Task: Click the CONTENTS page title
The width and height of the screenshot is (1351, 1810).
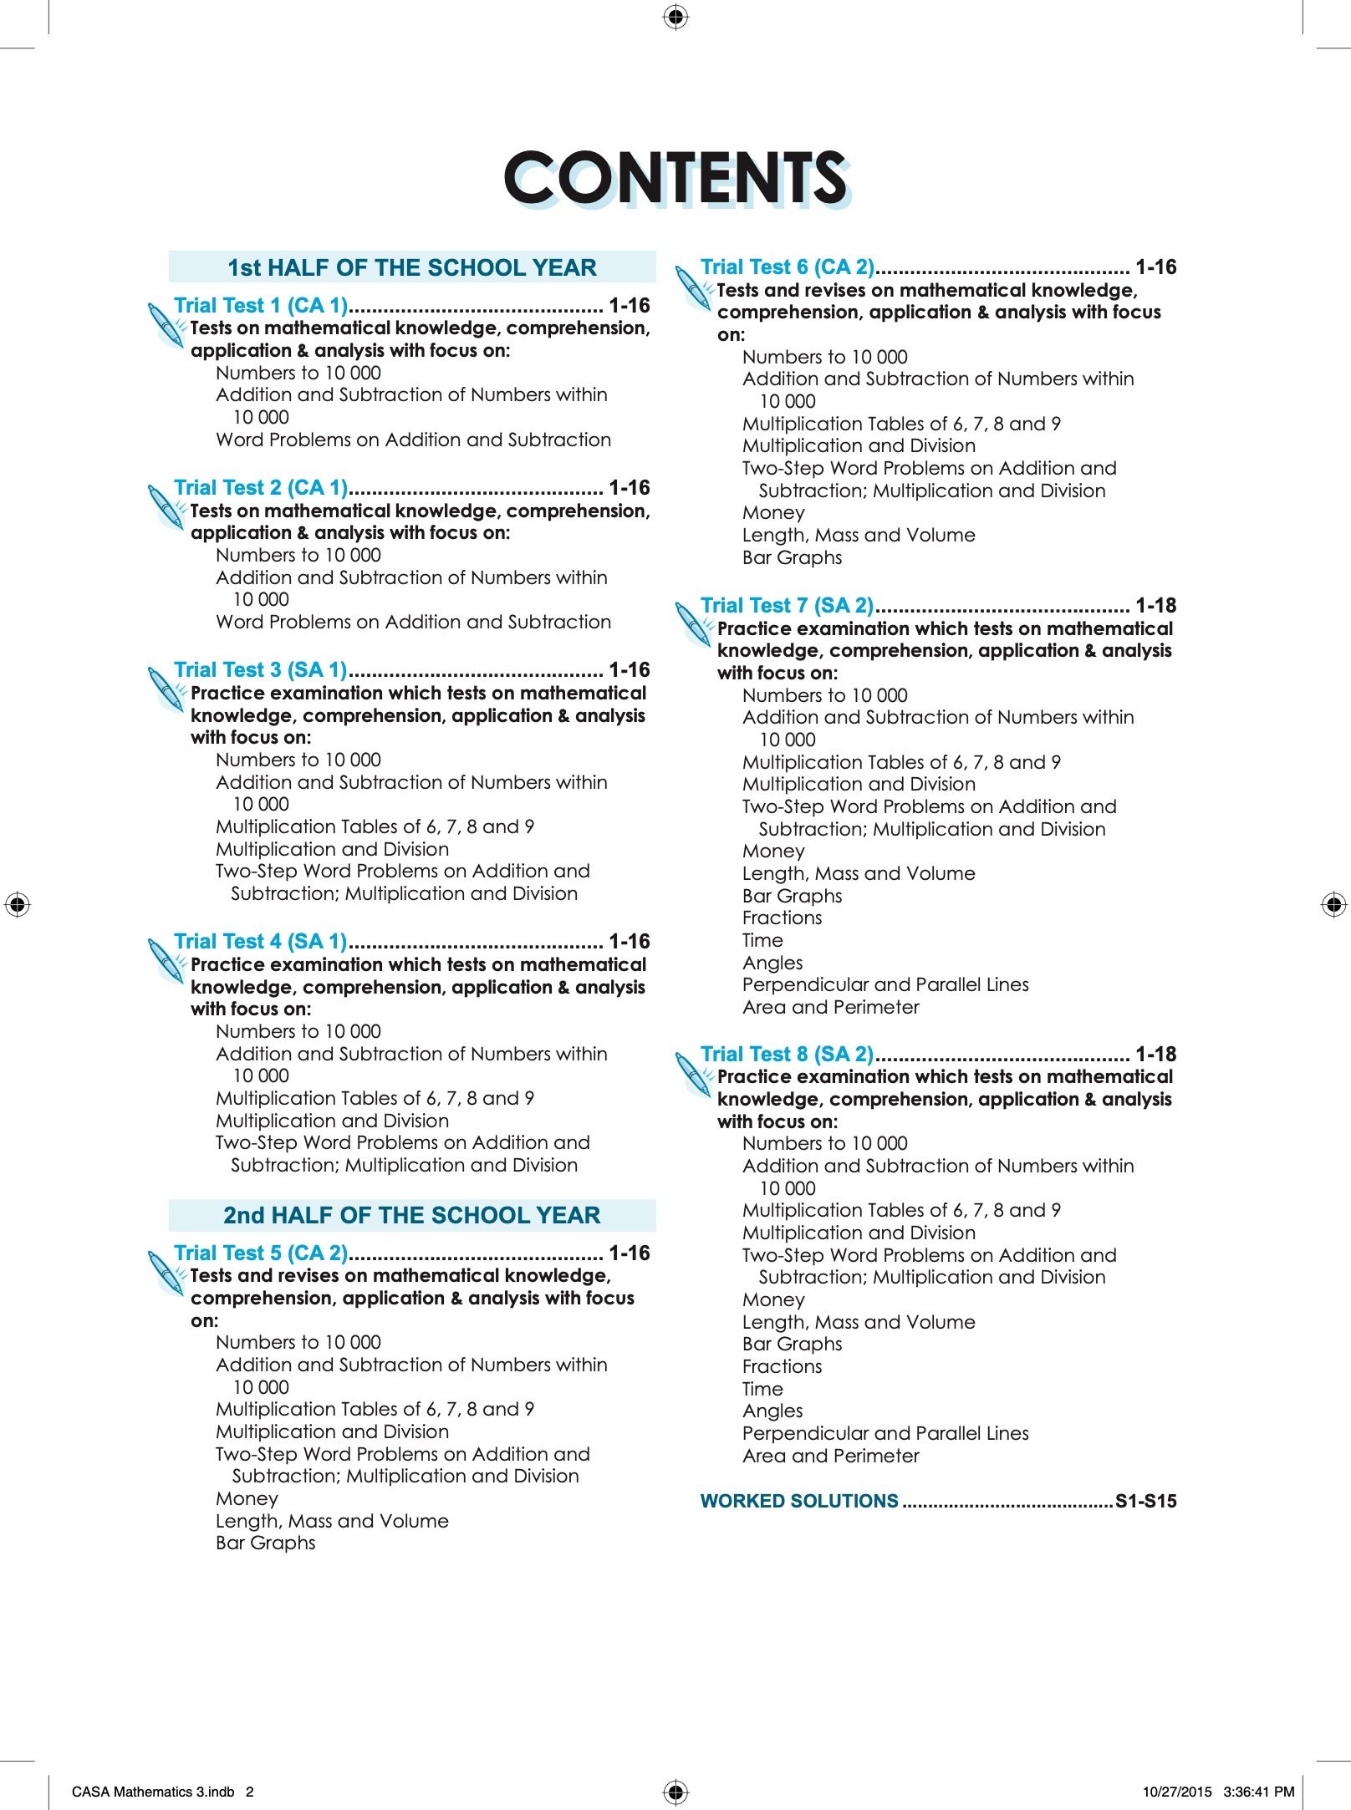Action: click(675, 178)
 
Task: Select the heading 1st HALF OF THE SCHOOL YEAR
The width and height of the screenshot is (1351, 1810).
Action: click(412, 267)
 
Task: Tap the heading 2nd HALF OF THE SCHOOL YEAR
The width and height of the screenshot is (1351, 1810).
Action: click(412, 1215)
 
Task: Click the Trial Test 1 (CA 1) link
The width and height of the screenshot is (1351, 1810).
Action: click(261, 306)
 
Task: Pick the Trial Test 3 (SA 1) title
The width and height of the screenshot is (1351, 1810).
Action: click(261, 670)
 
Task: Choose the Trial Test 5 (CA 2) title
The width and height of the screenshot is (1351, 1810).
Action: click(261, 1253)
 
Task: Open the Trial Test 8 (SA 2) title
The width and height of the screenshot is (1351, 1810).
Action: click(787, 1055)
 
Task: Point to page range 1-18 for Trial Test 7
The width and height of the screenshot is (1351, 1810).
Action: click(1155, 606)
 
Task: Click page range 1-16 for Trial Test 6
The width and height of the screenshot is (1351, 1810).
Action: click(1155, 267)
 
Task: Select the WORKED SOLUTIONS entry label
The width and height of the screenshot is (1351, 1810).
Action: click(799, 1502)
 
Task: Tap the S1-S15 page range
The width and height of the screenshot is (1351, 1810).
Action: click(1145, 1502)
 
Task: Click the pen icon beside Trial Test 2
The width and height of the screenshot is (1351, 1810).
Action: click(166, 506)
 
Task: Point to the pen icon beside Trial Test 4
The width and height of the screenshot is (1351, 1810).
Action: click(166, 960)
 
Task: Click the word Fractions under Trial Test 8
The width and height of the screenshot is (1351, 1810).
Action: click(782, 1367)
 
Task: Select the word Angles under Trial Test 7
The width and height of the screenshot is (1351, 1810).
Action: click(772, 963)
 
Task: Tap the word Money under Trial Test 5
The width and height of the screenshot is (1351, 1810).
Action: click(247, 1499)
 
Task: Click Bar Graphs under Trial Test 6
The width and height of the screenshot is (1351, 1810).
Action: click(792, 558)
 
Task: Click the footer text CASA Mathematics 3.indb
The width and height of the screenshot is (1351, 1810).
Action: click(153, 1792)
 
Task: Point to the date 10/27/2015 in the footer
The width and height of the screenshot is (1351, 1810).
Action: click(1177, 1792)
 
